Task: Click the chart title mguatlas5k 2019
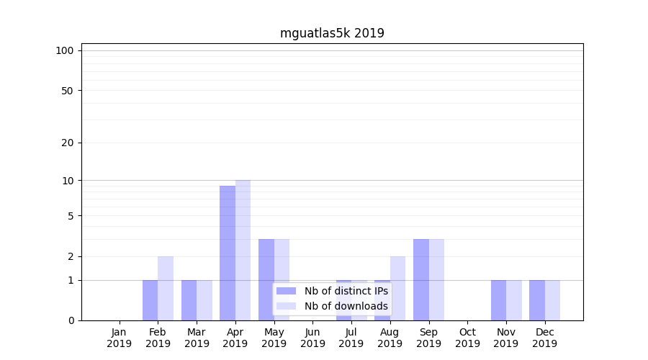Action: click(332, 33)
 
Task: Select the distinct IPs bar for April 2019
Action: click(228, 253)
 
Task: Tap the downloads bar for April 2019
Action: click(243, 250)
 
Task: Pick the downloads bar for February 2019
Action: click(166, 288)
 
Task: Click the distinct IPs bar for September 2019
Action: click(421, 279)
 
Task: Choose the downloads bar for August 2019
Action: click(397, 288)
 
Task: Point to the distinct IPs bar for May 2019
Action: click(266, 279)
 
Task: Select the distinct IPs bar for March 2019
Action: click(189, 300)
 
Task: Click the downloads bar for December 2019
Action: click(552, 300)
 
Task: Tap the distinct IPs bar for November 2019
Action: click(498, 300)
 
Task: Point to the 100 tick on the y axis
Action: click(65, 50)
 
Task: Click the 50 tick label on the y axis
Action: click(68, 91)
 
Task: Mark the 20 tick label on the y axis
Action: click(68, 143)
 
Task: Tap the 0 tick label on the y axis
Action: click(71, 320)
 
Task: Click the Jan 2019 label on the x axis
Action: click(120, 338)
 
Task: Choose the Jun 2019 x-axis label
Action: click(312, 338)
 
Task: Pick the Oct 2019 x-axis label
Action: click(467, 338)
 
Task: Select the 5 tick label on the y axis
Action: click(71, 216)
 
